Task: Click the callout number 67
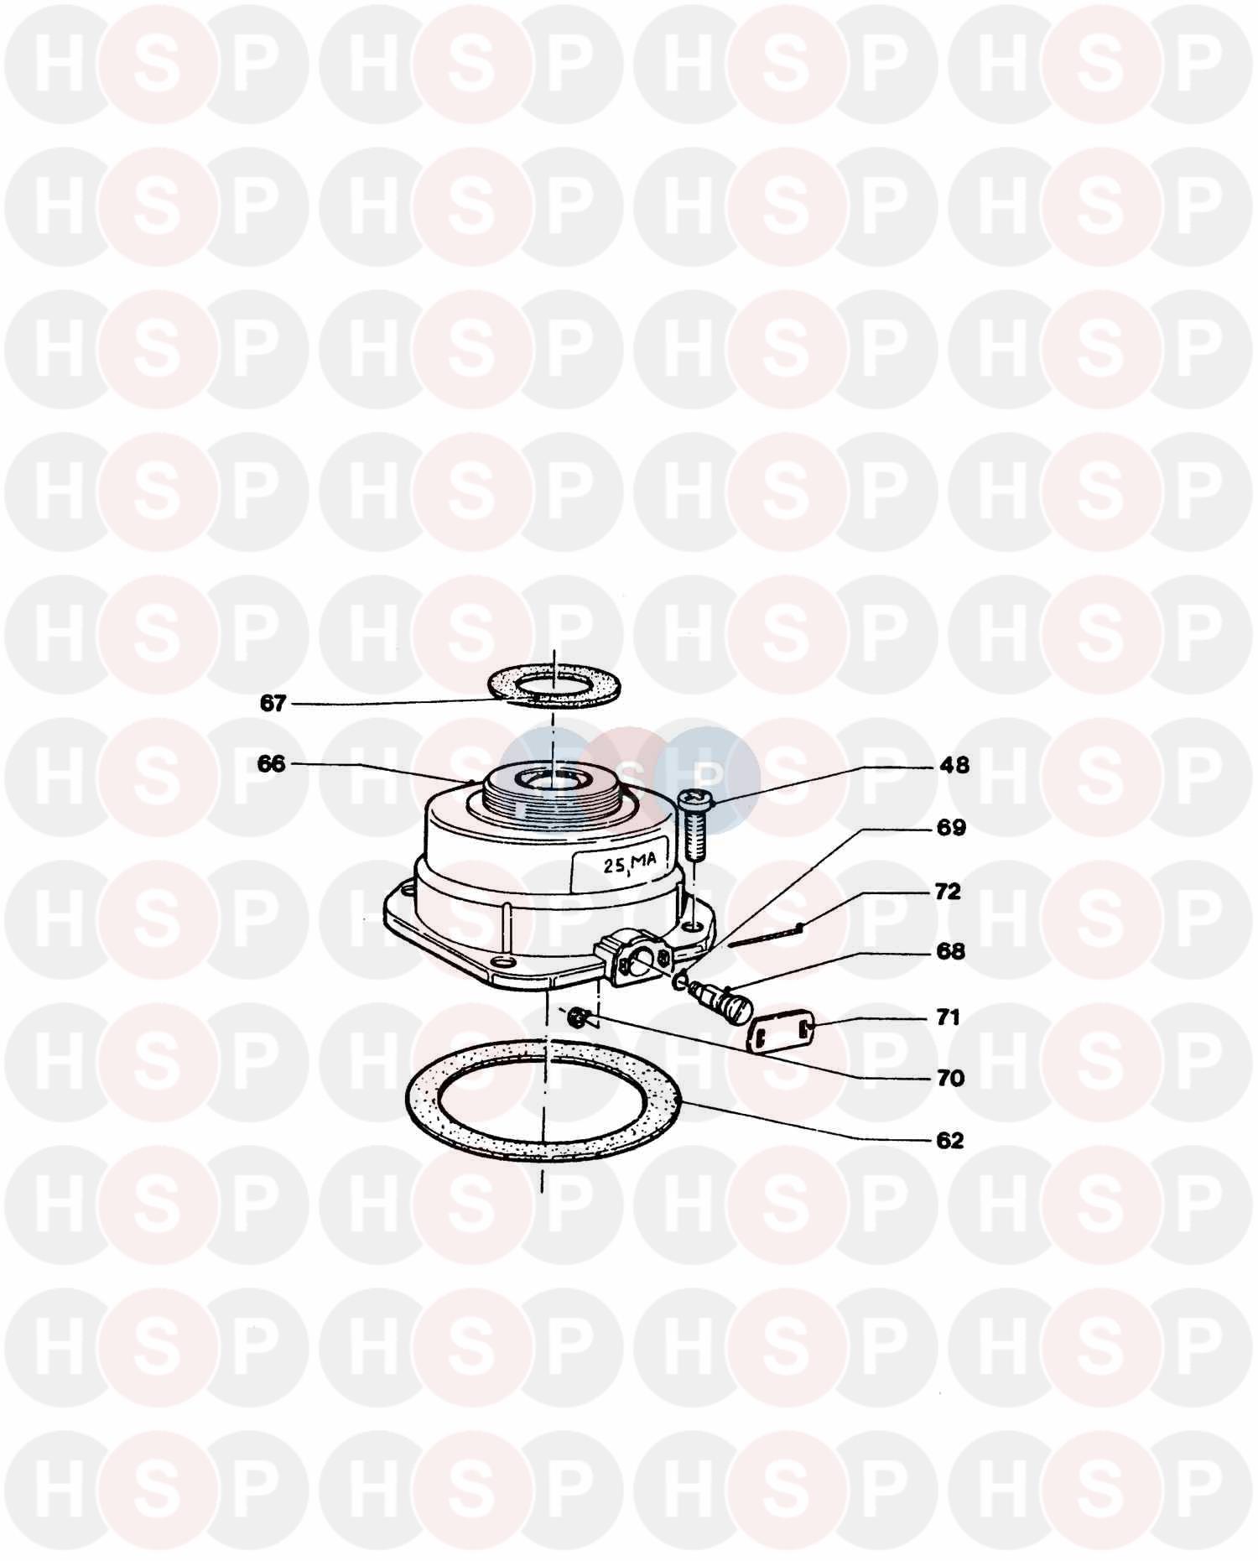[x=273, y=703]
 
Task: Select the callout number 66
[x=272, y=764]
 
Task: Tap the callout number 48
[x=954, y=765]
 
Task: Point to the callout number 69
[x=950, y=828]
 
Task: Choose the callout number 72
[x=948, y=892]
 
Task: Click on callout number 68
[x=950, y=952]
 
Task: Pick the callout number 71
[x=948, y=1017]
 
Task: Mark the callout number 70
[x=950, y=1079]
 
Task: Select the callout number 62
[x=949, y=1141]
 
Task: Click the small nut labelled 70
[x=576, y=1018]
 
